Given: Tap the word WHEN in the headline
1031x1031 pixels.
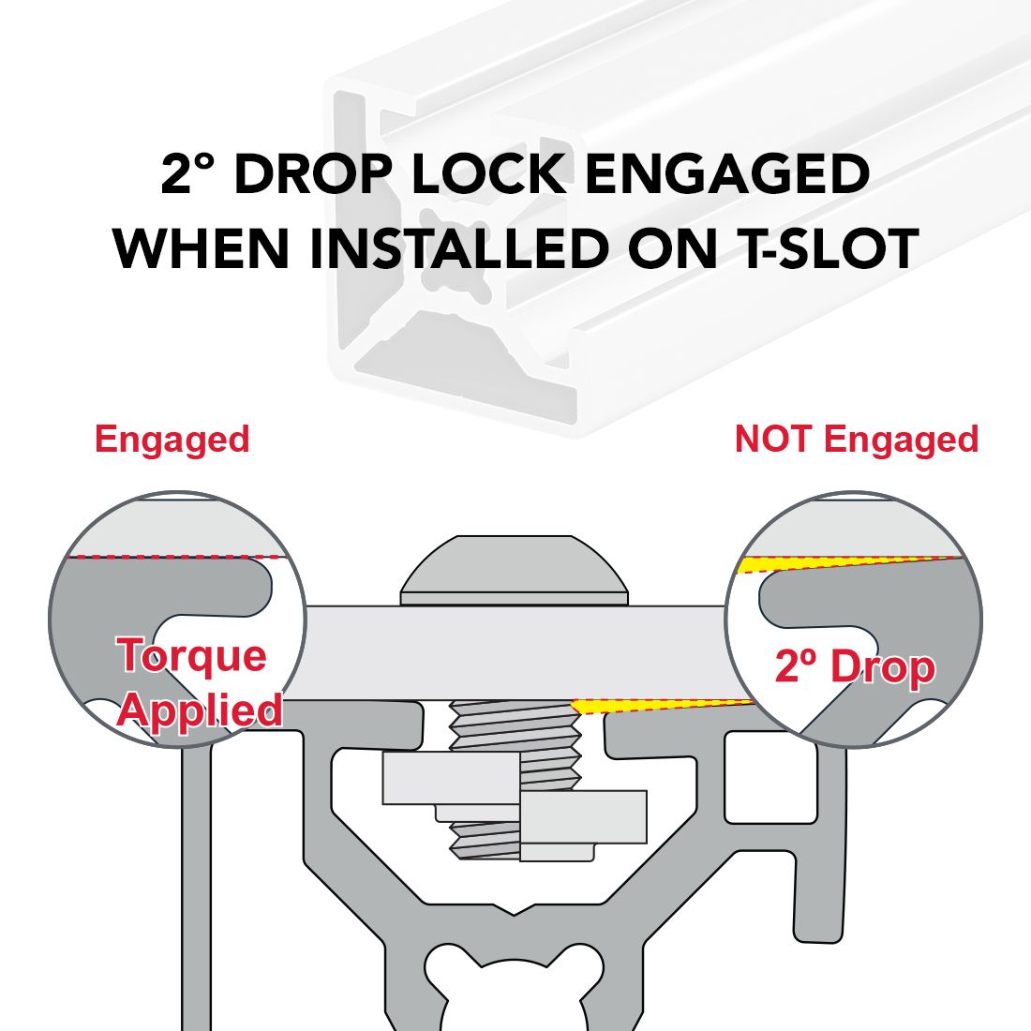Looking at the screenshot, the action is coord(202,248).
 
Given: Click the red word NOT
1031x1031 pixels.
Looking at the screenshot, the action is coord(772,440).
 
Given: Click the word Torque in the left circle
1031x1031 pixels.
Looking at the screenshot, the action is coord(192,655).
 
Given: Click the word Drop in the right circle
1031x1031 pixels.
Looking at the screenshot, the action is coord(883,666).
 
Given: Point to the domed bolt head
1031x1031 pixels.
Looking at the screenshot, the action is coord(515,570).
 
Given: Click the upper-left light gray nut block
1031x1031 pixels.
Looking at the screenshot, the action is coord(451,779).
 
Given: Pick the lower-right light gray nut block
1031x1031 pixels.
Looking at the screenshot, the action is coord(583,817).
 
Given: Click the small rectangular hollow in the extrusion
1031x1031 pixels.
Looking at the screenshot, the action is coord(770,777).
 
